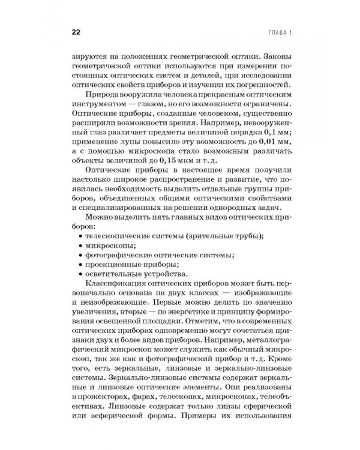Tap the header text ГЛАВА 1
click(x=277, y=31)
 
